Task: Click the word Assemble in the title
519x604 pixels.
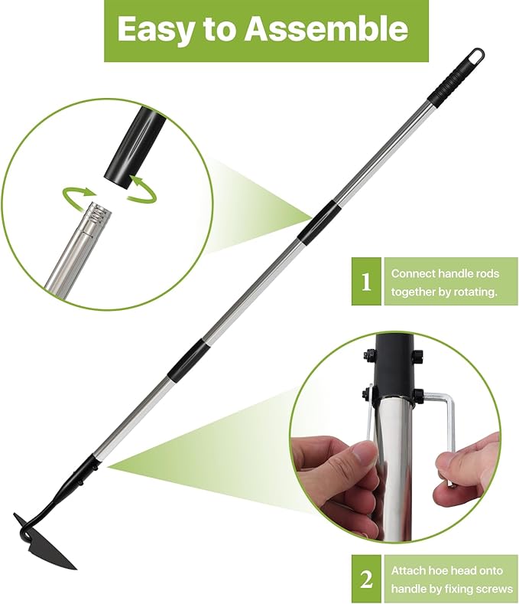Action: point(327,29)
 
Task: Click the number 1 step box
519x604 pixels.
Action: point(366,282)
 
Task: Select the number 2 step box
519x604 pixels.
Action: point(366,579)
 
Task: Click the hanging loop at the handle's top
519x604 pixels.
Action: point(475,57)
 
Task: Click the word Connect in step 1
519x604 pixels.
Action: point(414,273)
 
